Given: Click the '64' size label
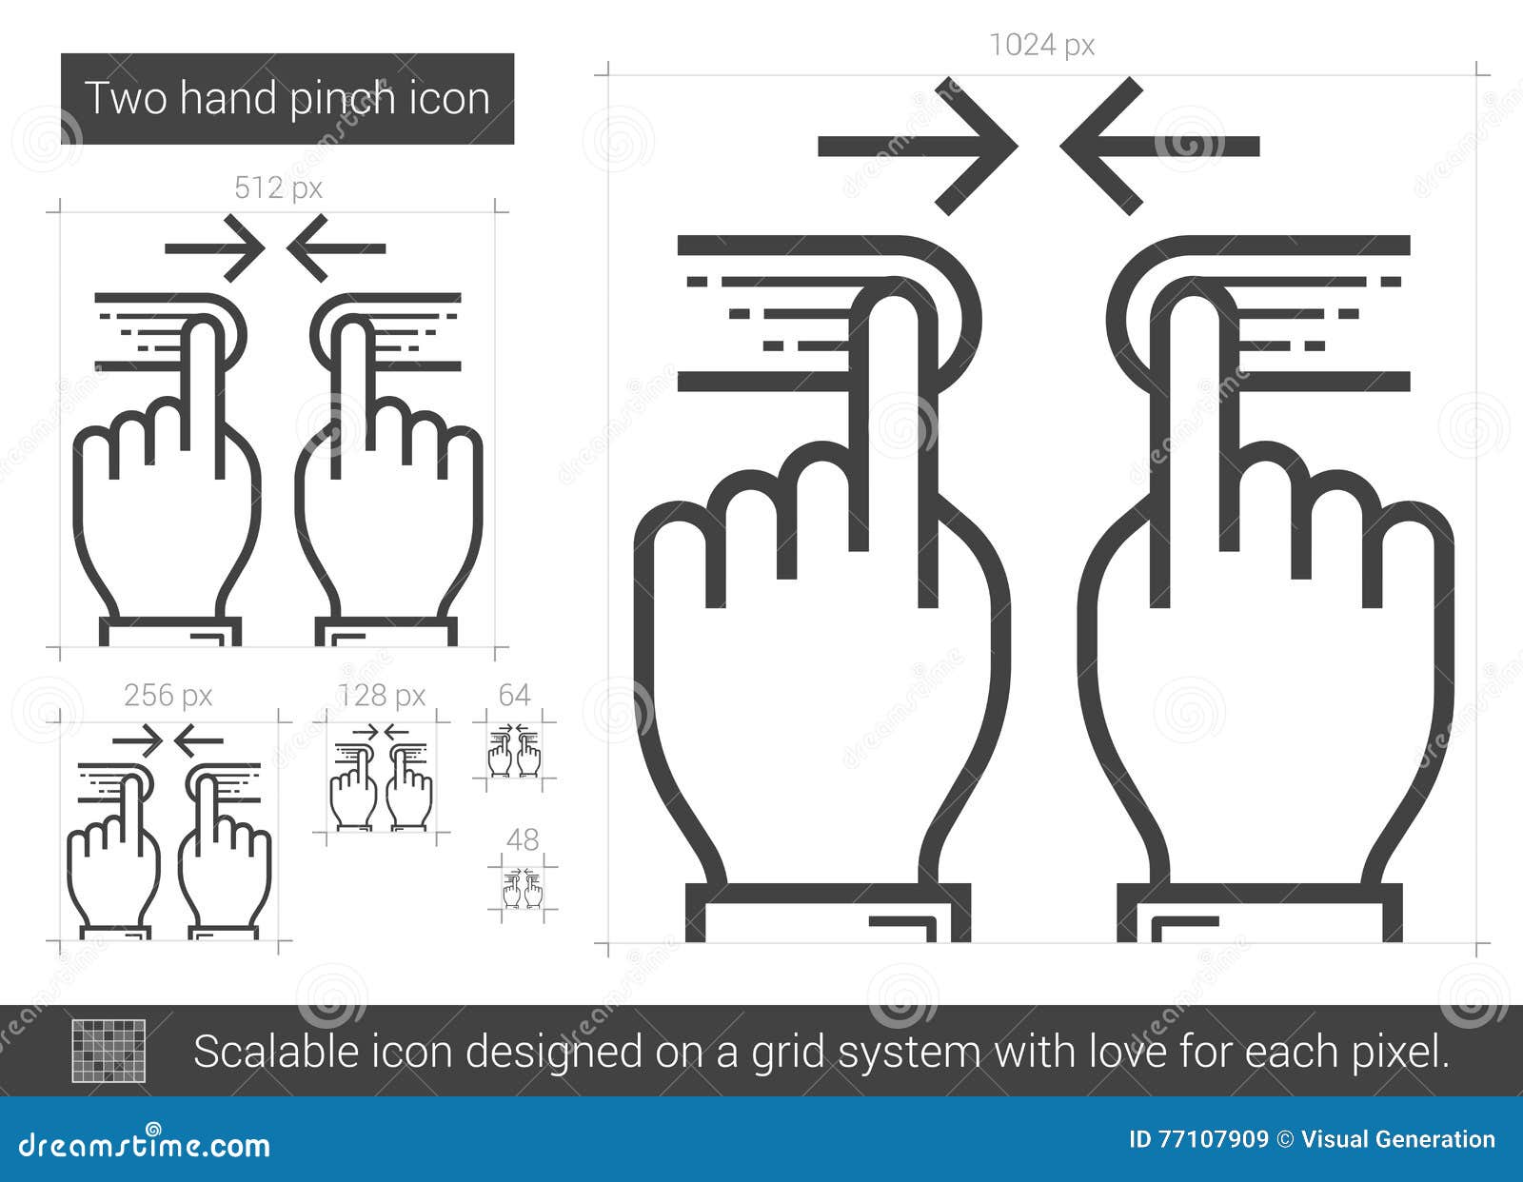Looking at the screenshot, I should (514, 696).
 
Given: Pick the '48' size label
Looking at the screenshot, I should (523, 839).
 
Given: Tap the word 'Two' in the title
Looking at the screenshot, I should (127, 99).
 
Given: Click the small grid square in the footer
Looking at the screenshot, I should (109, 1051).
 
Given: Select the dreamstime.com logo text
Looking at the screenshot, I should (145, 1144).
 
